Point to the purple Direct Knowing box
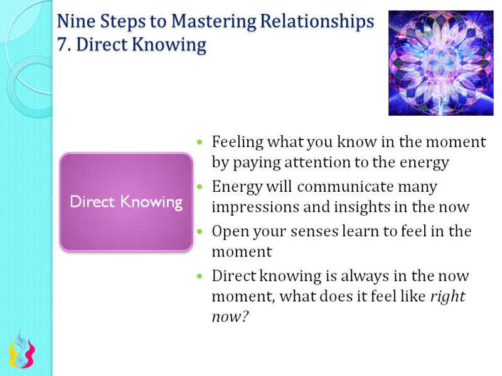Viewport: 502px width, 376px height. [x=125, y=202]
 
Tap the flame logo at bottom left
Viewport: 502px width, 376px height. [x=21, y=349]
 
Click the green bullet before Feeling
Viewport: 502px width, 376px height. [x=200, y=143]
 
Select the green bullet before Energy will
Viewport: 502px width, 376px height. [x=200, y=187]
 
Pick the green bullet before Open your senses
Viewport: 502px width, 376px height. [x=200, y=232]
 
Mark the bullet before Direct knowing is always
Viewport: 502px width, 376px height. [x=200, y=277]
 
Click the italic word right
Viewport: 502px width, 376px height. [x=447, y=296]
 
